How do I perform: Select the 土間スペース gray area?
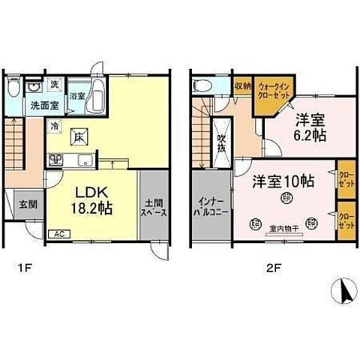coord(155,206)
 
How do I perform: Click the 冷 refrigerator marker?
coord(55,127)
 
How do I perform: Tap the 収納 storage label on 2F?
coord(241,84)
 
